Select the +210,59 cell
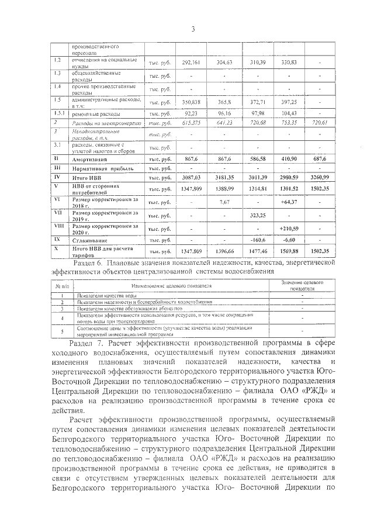tap(289, 228)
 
